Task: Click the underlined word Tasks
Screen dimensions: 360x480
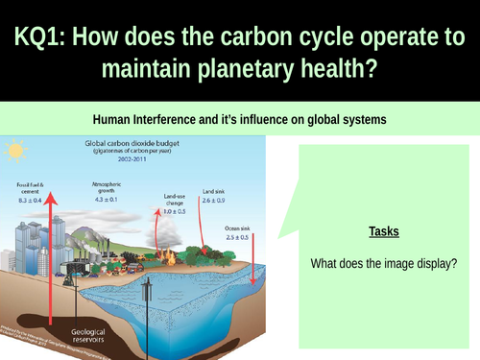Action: tap(384, 231)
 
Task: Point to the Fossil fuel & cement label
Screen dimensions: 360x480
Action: tap(28, 185)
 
